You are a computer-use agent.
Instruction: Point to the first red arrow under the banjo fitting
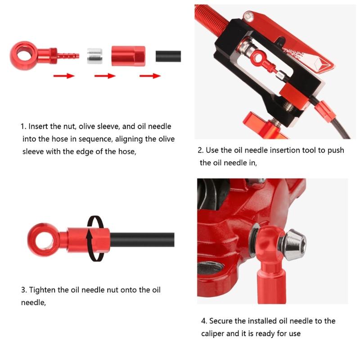click(63, 76)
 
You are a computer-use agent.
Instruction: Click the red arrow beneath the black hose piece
click(150, 76)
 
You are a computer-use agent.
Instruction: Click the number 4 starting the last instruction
click(203, 321)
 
